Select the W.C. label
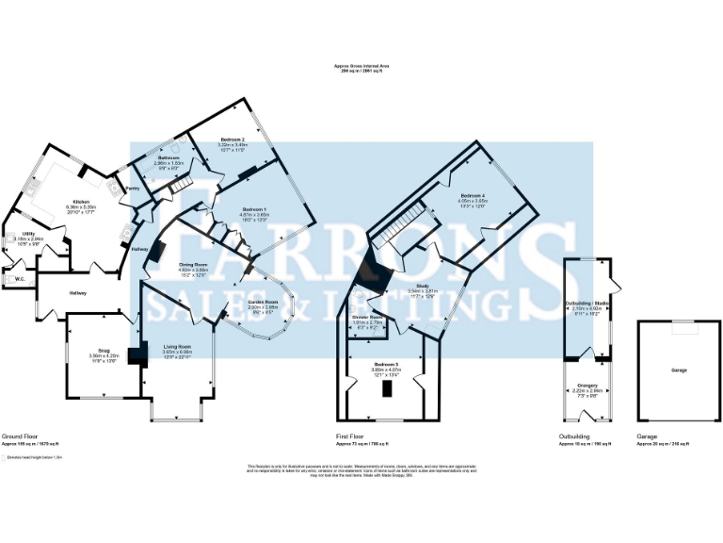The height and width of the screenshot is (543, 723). coord(20,278)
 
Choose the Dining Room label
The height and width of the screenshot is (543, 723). coord(193,265)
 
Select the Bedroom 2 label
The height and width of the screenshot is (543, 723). coord(233,140)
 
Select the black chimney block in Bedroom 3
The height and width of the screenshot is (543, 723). coord(385,389)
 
